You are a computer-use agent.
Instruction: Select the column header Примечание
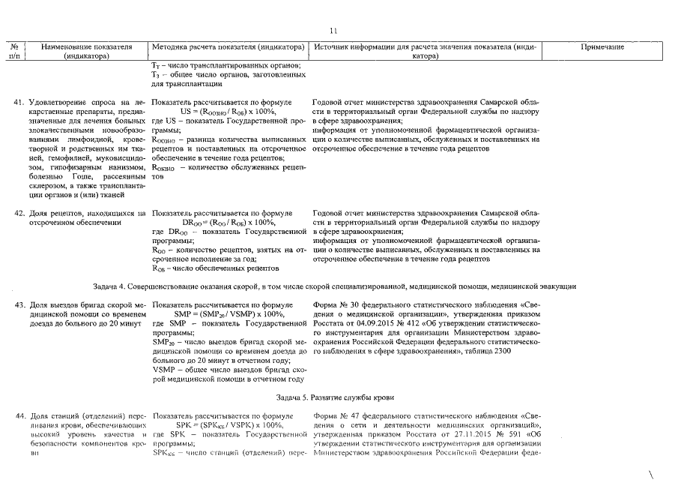[602, 47]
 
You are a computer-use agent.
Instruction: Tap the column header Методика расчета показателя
[226, 47]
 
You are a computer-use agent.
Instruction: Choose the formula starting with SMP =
[225, 315]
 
